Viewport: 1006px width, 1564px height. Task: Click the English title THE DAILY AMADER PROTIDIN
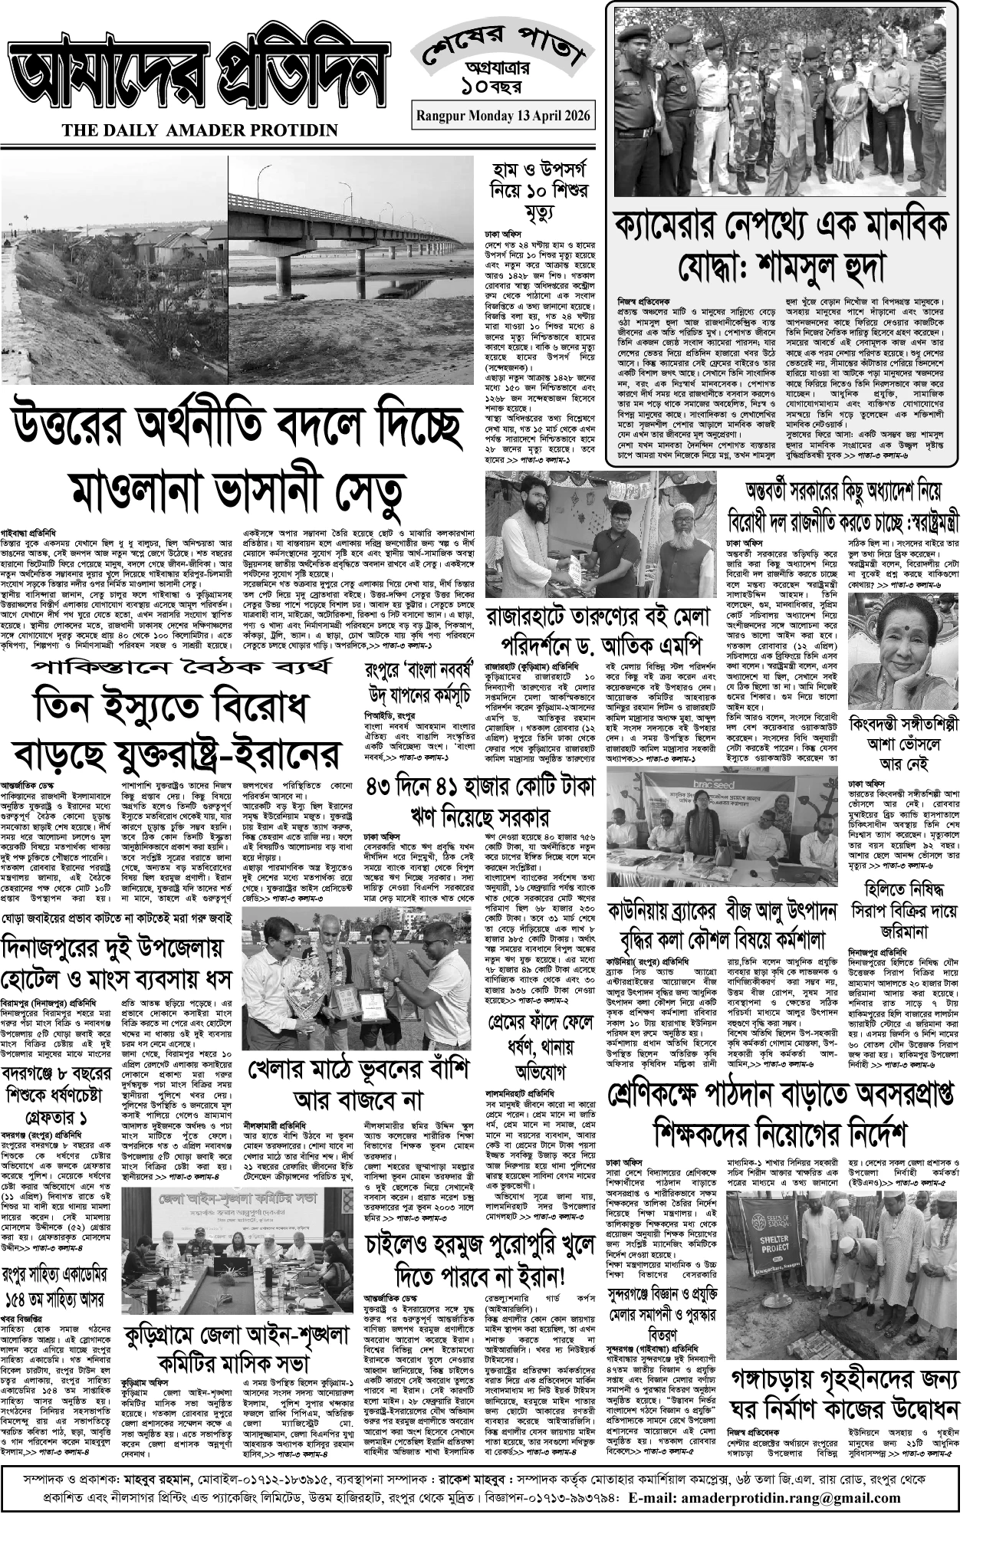200,130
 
